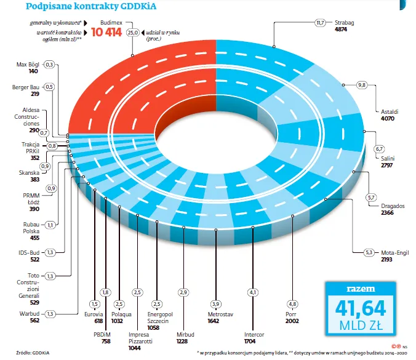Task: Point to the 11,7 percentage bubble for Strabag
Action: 320,23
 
